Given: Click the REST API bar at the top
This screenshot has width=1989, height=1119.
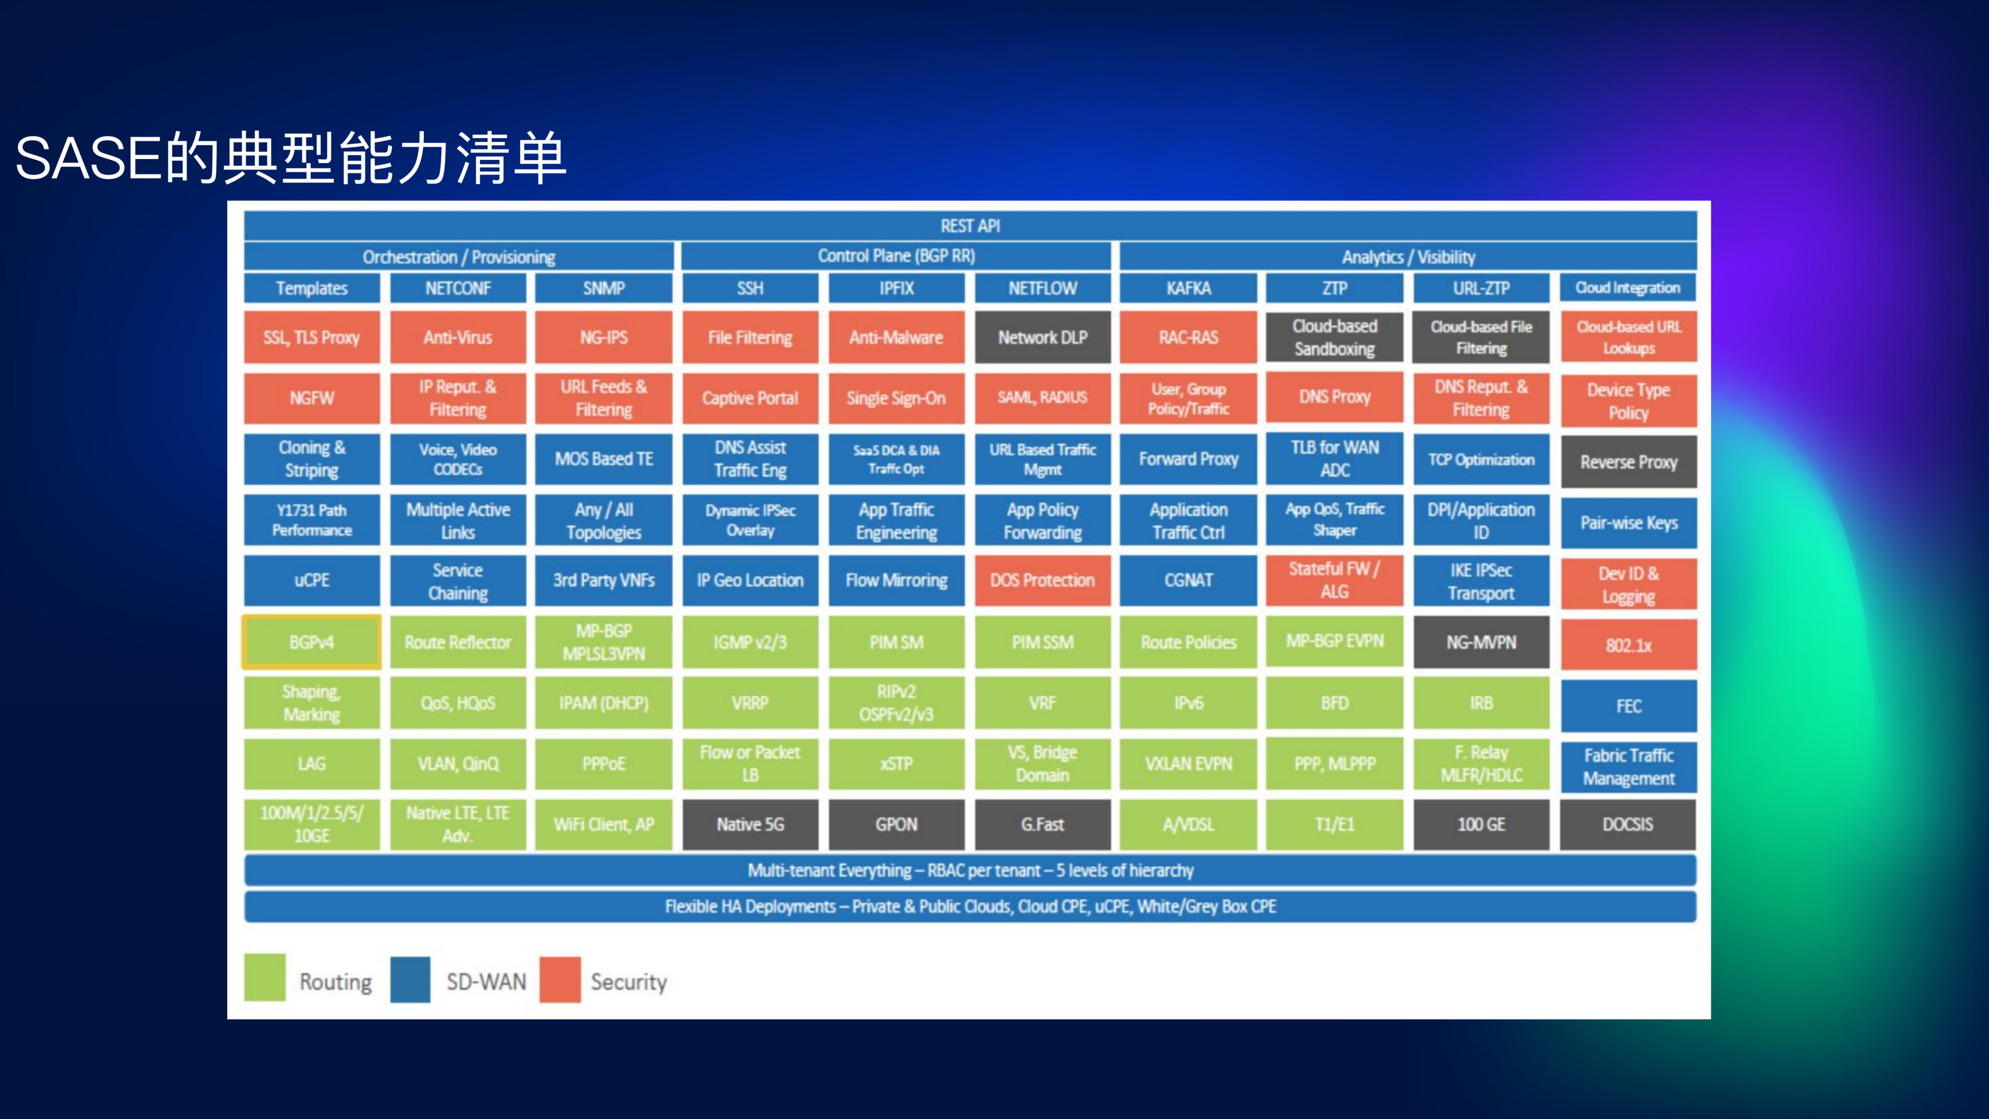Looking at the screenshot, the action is point(970,226).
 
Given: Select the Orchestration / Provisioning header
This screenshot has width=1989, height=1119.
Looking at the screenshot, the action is point(458,257).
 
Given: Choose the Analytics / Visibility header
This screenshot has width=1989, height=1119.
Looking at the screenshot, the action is point(1408,257).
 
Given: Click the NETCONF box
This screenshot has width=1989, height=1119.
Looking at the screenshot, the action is point(458,288).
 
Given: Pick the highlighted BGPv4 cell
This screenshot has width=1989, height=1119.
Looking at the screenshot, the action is point(312,642).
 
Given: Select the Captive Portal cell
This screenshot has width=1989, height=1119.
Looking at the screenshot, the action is point(750,398).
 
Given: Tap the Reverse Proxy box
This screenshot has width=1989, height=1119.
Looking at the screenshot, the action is point(1628,462).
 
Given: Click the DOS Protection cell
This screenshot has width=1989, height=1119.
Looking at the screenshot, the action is point(1042,580).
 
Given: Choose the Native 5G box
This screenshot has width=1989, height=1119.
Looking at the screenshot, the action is point(750,824).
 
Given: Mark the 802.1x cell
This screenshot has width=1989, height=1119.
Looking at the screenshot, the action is point(1628,645).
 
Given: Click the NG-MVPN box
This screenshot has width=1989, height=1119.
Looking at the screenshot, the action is point(1481,642).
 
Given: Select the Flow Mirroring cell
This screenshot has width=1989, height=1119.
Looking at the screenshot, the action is point(897,580).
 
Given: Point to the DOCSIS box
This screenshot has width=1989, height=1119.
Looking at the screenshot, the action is point(1628,824).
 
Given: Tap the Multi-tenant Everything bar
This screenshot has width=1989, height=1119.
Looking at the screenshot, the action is point(970,870).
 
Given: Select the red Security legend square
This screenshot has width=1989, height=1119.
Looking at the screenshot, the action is point(560,979).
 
